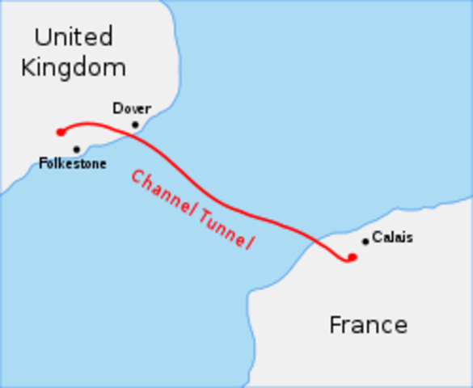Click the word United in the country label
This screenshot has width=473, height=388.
point(74,36)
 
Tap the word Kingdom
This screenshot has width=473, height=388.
point(74,67)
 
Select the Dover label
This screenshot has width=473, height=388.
point(132,108)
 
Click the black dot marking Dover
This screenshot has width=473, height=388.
point(136,124)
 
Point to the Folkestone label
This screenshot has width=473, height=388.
point(73,164)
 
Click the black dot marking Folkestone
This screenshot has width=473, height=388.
point(77,149)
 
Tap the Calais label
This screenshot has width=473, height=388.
point(392,238)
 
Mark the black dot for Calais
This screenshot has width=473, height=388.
point(365,241)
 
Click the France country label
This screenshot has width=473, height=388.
point(368,325)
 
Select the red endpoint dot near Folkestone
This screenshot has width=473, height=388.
point(61,132)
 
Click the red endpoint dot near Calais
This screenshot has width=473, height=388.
point(352,258)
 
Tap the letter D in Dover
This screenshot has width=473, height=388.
point(117,108)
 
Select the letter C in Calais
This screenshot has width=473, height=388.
point(377,238)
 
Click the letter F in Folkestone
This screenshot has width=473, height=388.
point(43,164)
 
